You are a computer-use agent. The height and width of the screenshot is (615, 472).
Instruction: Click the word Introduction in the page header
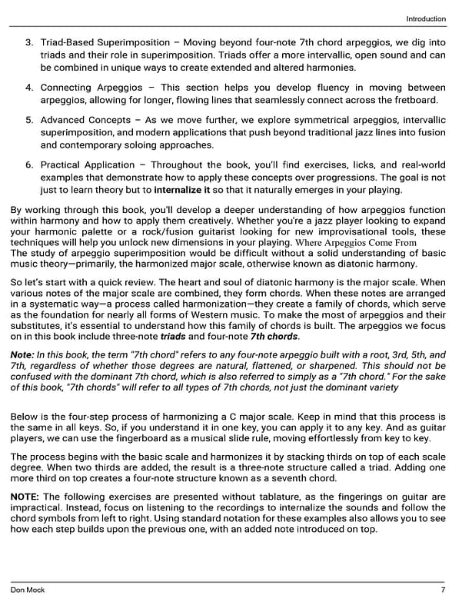click(425, 18)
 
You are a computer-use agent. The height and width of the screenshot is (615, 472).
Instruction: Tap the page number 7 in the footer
click(443, 590)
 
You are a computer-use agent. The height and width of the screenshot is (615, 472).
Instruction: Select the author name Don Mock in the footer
click(28, 590)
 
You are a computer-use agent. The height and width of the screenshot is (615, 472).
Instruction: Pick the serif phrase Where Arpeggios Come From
click(356, 243)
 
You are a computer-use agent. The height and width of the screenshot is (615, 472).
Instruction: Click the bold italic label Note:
click(22, 354)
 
